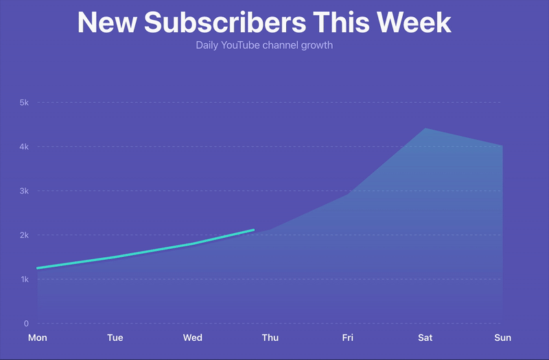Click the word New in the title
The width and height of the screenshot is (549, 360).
104,23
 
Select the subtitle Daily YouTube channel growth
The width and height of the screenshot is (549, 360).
264,46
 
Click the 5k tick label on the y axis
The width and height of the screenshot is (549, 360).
23,103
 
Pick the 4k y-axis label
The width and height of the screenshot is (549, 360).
23,147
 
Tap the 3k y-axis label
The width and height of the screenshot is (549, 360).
23,191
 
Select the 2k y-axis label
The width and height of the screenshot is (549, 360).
23,235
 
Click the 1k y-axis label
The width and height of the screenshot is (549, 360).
23,279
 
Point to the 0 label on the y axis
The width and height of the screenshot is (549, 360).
26,323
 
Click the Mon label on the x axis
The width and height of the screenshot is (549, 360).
37,337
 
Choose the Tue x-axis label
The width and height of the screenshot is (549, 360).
115,337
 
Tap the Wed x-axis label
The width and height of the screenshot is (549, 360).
193,337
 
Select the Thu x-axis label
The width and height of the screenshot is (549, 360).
270,337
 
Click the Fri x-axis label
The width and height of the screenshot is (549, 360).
348,337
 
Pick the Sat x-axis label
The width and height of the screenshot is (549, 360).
425,337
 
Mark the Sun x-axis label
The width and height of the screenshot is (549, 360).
502,337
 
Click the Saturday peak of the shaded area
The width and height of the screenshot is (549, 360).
425,128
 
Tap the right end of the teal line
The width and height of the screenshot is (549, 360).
253,230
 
